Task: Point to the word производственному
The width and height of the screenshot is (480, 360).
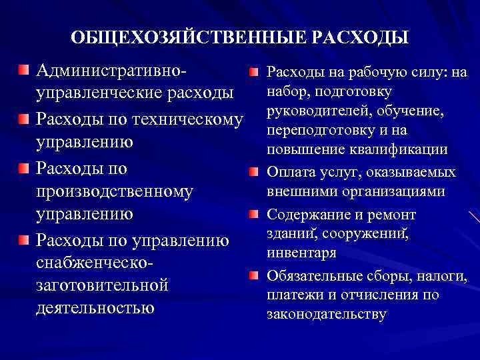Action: coord(114,191)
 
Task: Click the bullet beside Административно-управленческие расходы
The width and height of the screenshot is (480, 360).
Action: coord(24,69)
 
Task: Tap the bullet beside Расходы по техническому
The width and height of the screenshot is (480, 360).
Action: coord(24,118)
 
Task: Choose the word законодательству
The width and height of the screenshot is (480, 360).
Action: coord(326,314)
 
